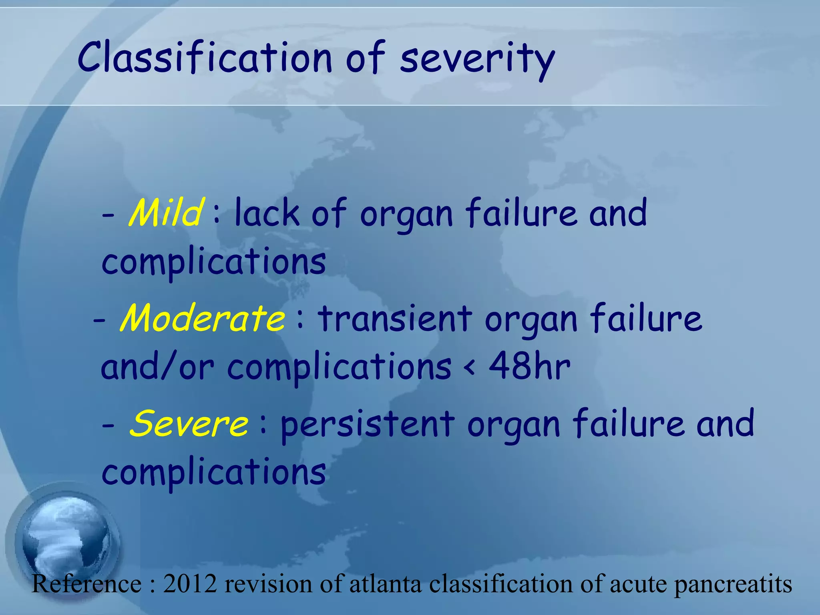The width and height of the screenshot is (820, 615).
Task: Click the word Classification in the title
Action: click(x=204, y=58)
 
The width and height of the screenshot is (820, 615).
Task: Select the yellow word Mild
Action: click(x=166, y=212)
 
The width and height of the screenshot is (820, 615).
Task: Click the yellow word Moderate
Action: click(x=203, y=318)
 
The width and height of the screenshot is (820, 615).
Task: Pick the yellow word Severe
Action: click(x=189, y=424)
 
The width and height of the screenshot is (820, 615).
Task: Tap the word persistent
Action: click(x=367, y=424)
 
